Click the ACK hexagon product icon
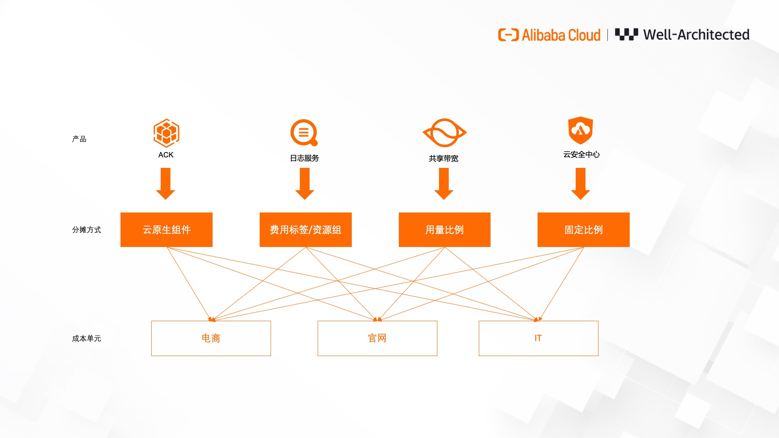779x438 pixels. pos(166,133)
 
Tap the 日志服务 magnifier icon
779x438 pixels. pos(303,132)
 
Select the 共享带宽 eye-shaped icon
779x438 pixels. pos(444,133)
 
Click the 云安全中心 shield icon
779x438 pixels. pos(581,130)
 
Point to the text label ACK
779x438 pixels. pos(166,155)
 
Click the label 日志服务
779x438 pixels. pos(304,158)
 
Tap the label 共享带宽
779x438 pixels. pos(443,159)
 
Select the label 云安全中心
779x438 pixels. pos(581,155)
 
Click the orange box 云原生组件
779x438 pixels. pos(166,230)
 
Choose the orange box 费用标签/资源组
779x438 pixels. pos(306,230)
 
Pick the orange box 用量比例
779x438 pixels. pos(445,230)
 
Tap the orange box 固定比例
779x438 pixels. pos(583,230)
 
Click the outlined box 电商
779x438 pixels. pos(211,338)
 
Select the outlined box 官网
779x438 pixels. pos(377,338)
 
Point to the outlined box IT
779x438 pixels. pos(538,338)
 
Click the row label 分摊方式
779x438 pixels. pos(86,230)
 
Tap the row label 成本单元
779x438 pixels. pos(86,339)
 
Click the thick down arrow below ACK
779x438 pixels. pos(166,183)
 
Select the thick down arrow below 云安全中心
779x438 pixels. pos(581,183)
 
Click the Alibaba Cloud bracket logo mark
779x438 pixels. pos(508,35)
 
